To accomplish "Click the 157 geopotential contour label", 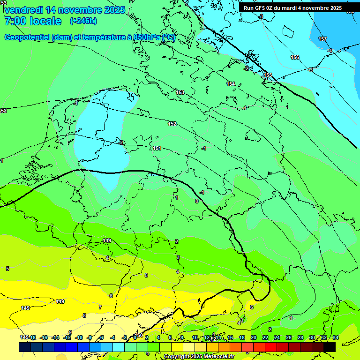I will click(322, 39).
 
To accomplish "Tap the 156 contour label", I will click(295, 57).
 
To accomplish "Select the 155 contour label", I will click(268, 75).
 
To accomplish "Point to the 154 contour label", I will click(231, 84).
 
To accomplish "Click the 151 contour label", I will click(157, 148).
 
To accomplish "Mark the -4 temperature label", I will click(330, 51).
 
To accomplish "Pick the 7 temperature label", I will click(100, 307).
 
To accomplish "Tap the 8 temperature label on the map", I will click(84, 315).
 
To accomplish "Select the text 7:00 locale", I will click(32, 21).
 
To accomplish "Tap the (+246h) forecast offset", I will click(83, 21).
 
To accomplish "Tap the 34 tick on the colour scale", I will click(335, 337).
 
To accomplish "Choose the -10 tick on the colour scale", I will click(79, 337).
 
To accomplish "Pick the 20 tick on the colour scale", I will click(253, 337).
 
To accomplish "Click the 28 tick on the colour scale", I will click(300, 337).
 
